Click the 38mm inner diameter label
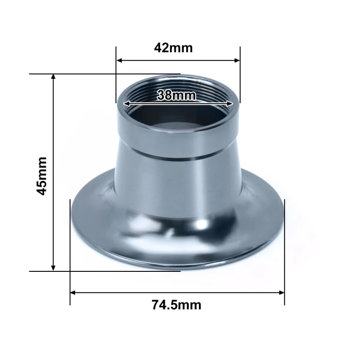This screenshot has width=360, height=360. (177, 95)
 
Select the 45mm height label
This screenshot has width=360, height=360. (41, 175)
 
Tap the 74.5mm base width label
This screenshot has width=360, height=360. (176, 305)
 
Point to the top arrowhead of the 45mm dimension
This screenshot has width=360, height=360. (54, 78)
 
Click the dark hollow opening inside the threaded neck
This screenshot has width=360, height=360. (178, 118)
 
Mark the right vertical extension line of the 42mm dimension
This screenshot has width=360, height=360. (240, 81)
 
